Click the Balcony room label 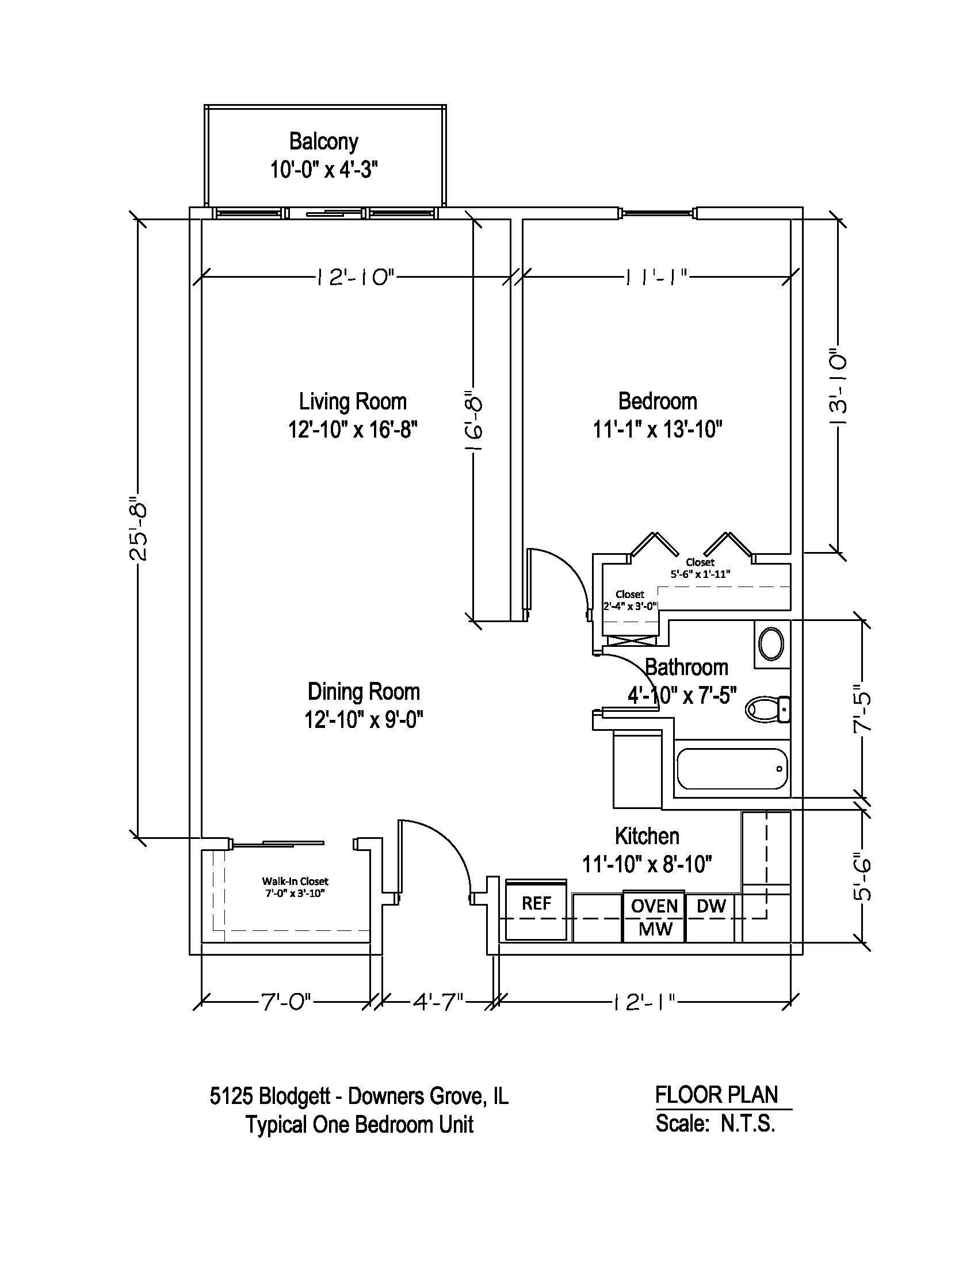coord(323,141)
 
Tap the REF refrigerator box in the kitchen coord(536,903)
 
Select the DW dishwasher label coord(710,906)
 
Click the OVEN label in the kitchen coord(654,906)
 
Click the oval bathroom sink coord(771,644)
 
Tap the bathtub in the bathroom coord(732,769)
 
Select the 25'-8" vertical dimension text coord(139,528)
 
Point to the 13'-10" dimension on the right coord(838,387)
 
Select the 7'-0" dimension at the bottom coord(286,1001)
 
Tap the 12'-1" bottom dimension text coord(643,1001)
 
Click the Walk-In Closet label coord(295,881)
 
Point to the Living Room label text coord(352,401)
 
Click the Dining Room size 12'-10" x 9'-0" coord(363,720)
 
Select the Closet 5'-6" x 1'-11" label coord(700,568)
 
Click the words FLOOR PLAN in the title coord(716,1095)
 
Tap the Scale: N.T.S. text coord(715,1124)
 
